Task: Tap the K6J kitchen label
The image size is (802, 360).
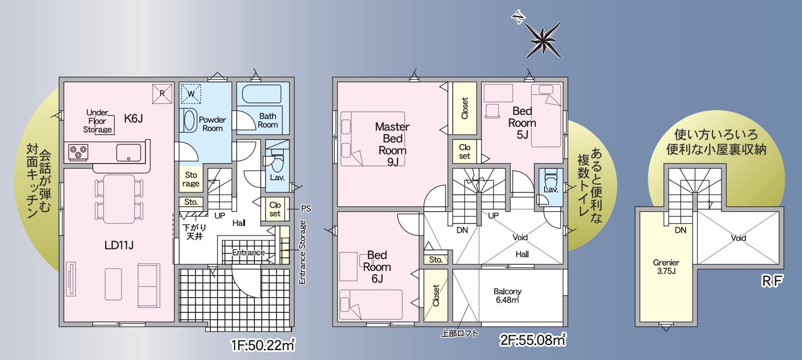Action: [133, 118]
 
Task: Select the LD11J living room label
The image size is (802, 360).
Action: [119, 246]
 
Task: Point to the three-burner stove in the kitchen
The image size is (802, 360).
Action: [78, 152]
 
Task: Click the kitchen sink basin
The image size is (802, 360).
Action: [129, 153]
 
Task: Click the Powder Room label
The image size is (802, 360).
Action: [212, 124]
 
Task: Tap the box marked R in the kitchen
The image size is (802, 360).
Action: [162, 93]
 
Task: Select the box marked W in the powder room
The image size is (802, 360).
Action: [191, 94]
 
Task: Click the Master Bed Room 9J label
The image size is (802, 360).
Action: [392, 144]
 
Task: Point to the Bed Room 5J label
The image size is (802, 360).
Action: [522, 122]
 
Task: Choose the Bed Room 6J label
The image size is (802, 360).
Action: [377, 267]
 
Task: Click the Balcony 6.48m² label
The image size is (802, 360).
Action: [507, 296]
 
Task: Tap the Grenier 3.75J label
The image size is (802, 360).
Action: [666, 267]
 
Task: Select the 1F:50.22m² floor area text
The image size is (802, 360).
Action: [263, 346]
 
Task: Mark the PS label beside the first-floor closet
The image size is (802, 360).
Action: [306, 208]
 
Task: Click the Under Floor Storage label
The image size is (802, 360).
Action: [97, 121]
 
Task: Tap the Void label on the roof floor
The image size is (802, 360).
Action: [738, 238]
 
